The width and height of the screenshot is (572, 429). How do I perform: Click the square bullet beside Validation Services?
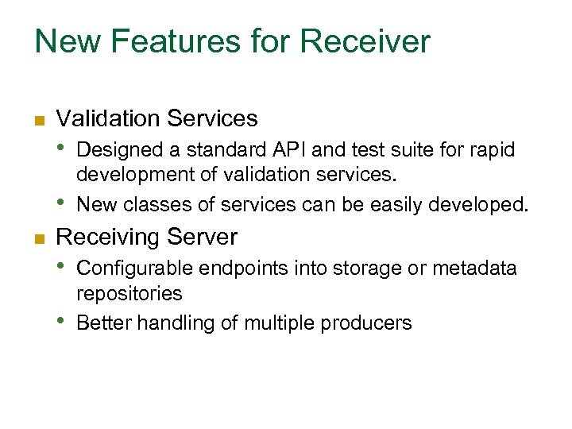point(37,121)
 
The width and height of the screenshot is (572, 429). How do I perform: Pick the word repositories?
point(129,294)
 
